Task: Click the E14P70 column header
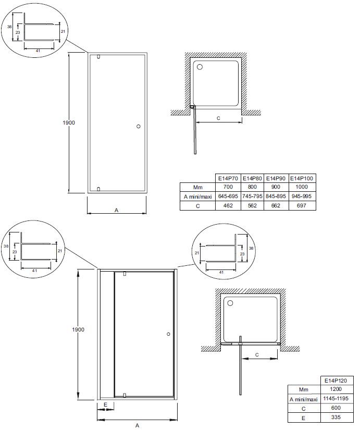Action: click(x=228, y=178)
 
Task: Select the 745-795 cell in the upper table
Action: click(x=252, y=196)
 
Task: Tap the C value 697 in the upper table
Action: click(x=301, y=206)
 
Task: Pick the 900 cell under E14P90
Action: click(x=276, y=187)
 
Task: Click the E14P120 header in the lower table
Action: click(x=336, y=380)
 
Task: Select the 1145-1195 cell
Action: click(x=336, y=398)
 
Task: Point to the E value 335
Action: click(x=336, y=417)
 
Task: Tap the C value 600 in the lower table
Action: click(x=336, y=408)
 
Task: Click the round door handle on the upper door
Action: click(x=139, y=127)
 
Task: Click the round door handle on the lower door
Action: click(x=168, y=334)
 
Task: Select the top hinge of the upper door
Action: click(x=98, y=57)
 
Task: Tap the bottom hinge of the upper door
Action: click(x=98, y=189)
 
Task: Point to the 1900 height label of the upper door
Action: click(x=69, y=122)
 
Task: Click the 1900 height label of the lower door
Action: click(x=78, y=329)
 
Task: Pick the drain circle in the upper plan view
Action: click(x=200, y=67)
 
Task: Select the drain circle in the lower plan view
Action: click(x=230, y=303)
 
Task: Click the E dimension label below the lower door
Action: click(x=105, y=405)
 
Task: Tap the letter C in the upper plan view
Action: click(x=218, y=118)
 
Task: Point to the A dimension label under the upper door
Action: click(x=116, y=211)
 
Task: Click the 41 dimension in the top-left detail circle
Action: click(x=38, y=51)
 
